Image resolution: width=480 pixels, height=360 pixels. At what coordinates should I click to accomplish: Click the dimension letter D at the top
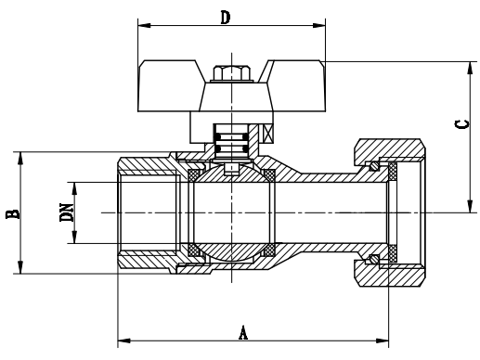pos(226,18)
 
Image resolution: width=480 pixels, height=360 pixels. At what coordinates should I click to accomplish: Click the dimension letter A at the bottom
pos(243,332)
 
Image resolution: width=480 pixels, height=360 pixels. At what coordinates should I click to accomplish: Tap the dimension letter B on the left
pos(13,213)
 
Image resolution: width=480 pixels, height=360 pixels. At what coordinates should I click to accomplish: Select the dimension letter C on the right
pos(461,124)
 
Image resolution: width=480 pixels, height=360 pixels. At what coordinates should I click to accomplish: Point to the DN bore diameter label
pos(67,212)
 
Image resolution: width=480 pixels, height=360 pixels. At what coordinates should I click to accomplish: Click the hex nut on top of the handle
pos(231,73)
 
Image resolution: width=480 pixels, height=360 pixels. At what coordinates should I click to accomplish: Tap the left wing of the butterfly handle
pos(170,85)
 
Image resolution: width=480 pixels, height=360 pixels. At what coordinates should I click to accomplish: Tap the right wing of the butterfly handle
pos(296,85)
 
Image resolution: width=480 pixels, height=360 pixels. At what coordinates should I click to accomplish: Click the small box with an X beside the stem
pos(268,134)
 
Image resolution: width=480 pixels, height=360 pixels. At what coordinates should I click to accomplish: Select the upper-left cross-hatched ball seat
pos(194,174)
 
